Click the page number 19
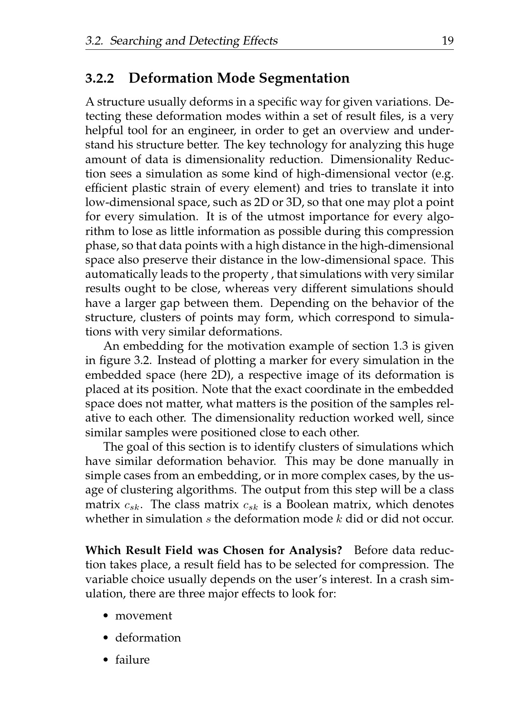tap(447, 41)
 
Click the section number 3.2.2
tap(100, 78)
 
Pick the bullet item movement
tap(143, 616)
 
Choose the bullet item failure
tap(132, 660)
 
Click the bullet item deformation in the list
tap(148, 638)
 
